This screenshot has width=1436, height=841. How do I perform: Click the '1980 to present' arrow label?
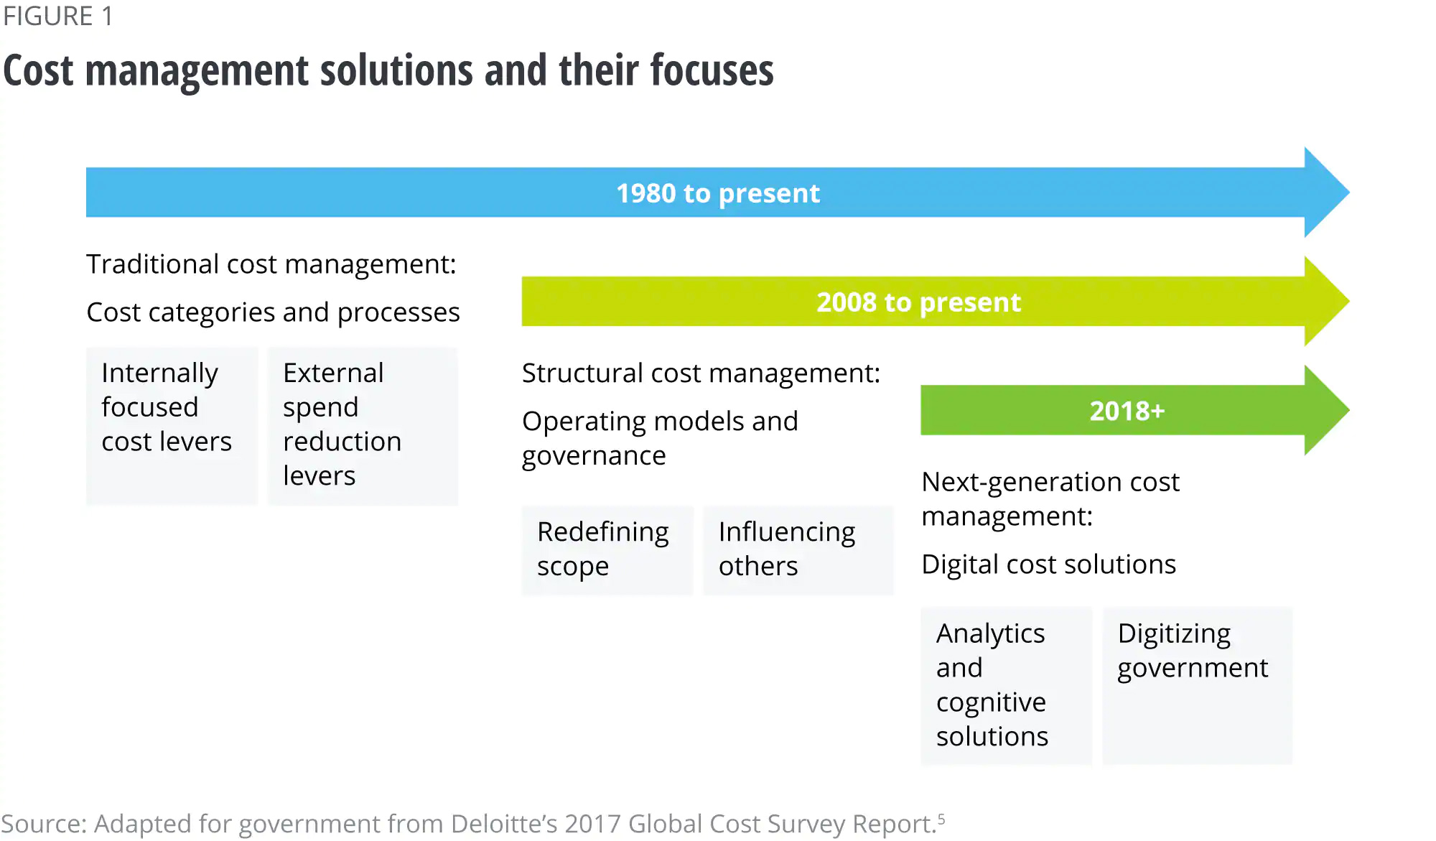tap(717, 193)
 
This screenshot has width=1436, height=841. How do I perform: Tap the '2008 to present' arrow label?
tap(918, 302)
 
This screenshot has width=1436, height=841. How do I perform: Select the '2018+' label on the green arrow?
tap(1127, 411)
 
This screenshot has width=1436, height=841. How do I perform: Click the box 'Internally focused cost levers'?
tap(172, 425)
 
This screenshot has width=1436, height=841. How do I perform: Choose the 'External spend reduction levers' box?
tap(363, 425)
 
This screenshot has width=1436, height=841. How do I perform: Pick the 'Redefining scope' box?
tap(607, 549)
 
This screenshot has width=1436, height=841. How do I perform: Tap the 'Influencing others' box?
tap(798, 549)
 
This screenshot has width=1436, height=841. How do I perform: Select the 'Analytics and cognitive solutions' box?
tap(1006, 685)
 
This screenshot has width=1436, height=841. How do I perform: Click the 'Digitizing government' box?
tap(1197, 685)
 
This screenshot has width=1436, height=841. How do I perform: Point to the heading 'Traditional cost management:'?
tap(271, 264)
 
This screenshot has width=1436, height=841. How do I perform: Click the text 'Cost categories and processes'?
tap(273, 312)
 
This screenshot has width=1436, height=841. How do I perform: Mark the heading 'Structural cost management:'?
tap(701, 373)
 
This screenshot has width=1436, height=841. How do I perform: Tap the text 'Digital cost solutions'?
tap(1048, 564)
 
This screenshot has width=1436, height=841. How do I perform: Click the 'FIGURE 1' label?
tap(58, 17)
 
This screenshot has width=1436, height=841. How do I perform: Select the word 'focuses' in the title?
tap(712, 70)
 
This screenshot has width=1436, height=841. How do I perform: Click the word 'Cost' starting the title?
tap(39, 70)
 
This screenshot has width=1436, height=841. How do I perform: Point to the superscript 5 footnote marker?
tap(941, 818)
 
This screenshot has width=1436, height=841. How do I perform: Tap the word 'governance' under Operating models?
tap(594, 456)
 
